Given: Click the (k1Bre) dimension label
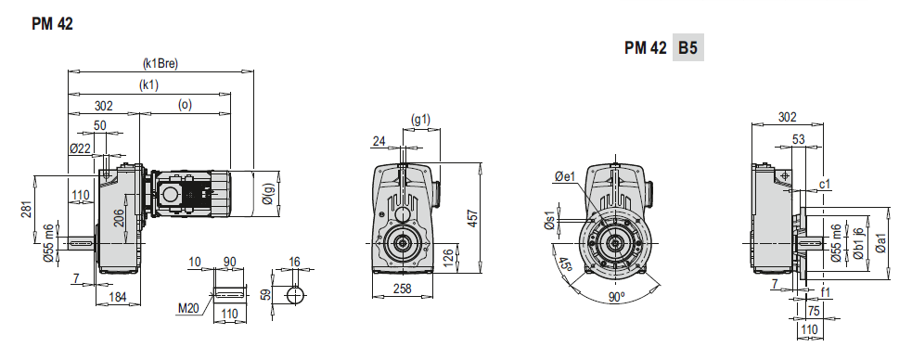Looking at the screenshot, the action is coord(160,63).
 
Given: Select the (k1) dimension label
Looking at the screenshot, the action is coord(148,84).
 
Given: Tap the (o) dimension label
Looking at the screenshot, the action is coord(185,105).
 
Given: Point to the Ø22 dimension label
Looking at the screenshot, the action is coord(80,148).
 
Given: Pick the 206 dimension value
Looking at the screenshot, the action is coord(119,218).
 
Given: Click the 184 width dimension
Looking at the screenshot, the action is coord(118,297).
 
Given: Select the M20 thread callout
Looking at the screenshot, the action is coord(187,308).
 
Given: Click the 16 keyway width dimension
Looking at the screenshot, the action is coord(294,262).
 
